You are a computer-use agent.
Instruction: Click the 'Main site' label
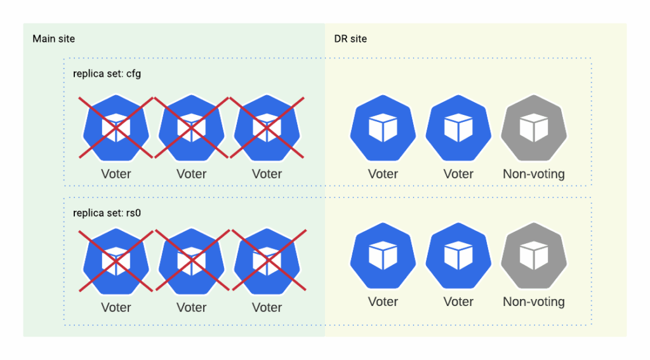tap(53, 39)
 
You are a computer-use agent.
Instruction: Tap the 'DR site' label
tap(350, 39)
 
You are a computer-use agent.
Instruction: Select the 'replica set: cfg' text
tap(107, 74)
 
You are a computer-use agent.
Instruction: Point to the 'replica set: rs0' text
tap(107, 213)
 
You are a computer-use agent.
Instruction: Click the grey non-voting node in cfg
tap(534, 128)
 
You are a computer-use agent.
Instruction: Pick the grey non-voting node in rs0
tap(534, 255)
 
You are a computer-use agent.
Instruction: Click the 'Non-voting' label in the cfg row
tap(534, 173)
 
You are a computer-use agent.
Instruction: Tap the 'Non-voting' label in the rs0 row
tap(534, 301)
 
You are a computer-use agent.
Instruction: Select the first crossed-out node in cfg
tap(116, 128)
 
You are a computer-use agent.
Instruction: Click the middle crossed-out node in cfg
tap(192, 128)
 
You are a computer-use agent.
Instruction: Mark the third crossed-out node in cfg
tap(267, 128)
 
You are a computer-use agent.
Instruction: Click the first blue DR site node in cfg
tap(383, 128)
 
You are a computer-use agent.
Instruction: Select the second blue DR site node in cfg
tap(458, 128)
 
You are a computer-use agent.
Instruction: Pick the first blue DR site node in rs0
tap(383, 255)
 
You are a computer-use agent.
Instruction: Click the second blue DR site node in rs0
tap(458, 255)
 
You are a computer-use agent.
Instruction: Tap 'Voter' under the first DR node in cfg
tap(383, 173)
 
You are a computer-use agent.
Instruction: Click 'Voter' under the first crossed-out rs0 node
tap(116, 307)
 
